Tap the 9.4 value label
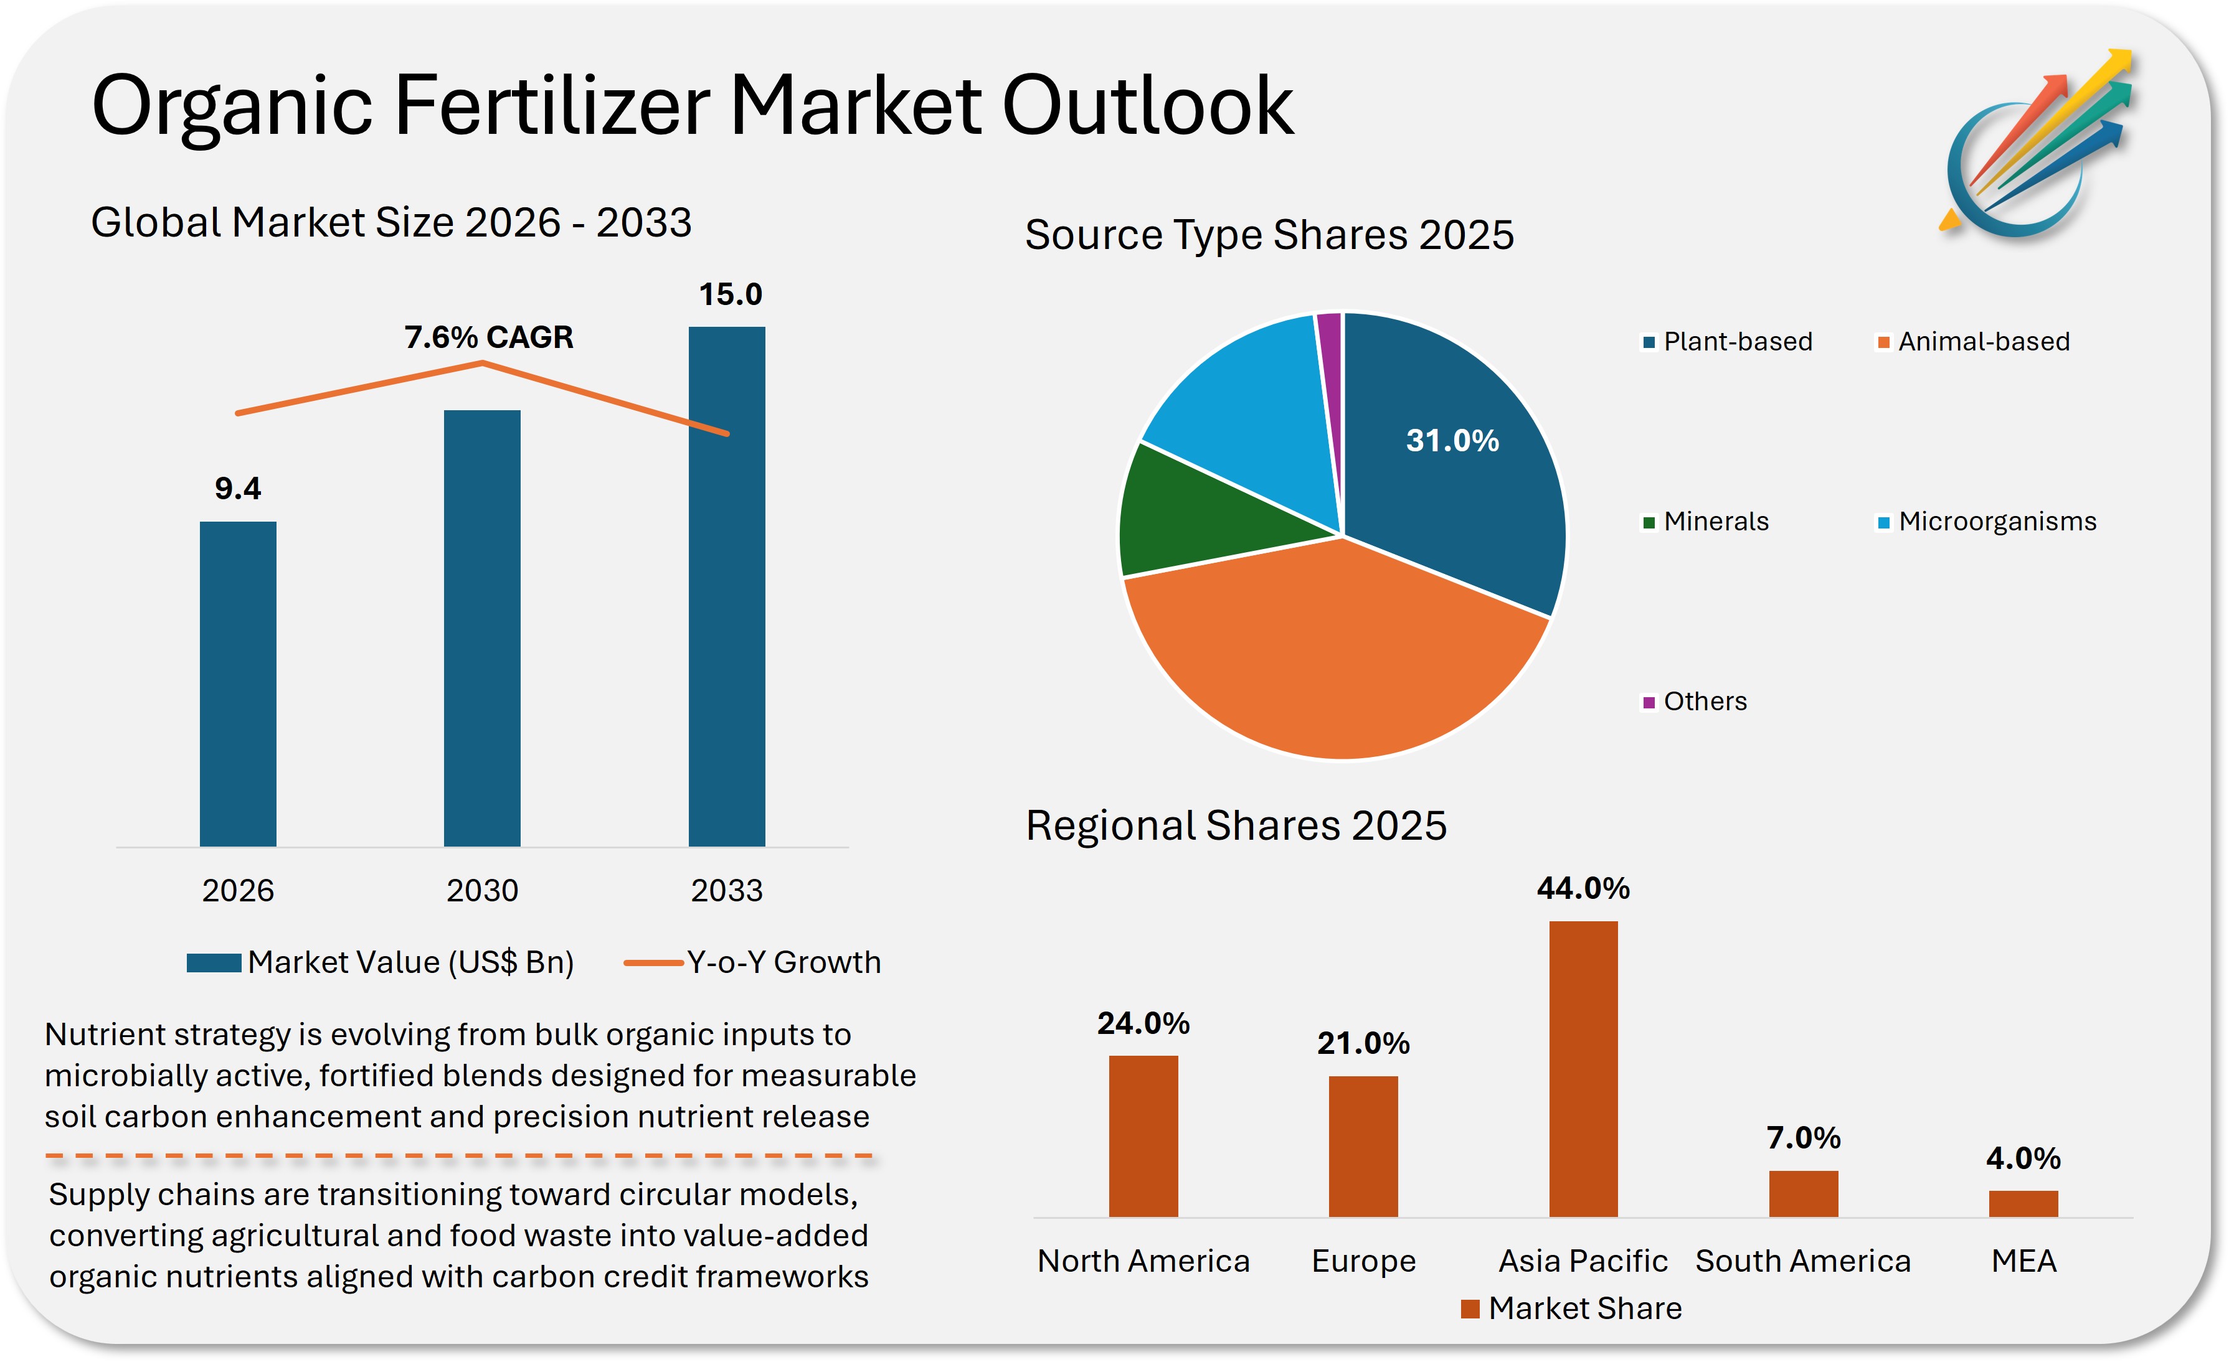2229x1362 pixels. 237,489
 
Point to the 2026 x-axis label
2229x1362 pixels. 237,890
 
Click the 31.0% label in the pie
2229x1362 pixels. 1452,441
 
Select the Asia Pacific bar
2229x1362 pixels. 1583,1067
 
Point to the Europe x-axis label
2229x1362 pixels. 1363,1260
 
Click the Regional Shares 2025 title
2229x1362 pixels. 1236,825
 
